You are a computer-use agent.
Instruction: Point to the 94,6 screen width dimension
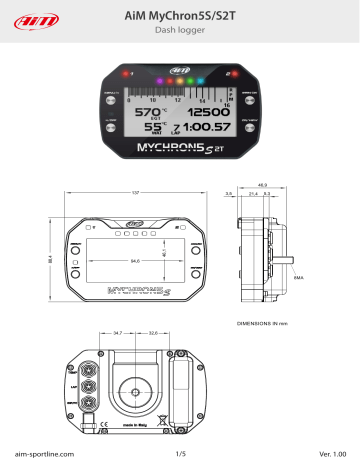click(132, 261)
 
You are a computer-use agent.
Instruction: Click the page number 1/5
click(180, 453)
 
